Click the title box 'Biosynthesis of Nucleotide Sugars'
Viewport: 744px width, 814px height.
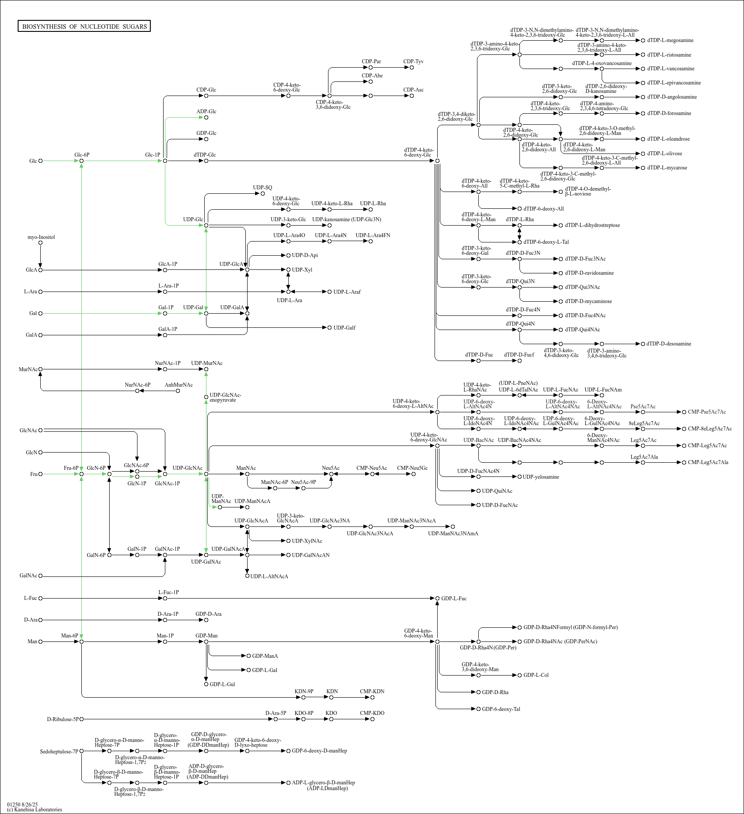coord(84,27)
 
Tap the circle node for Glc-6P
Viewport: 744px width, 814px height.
coord(82,161)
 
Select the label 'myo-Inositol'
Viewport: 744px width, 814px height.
coord(41,237)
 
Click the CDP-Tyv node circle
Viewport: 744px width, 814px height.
coord(412,68)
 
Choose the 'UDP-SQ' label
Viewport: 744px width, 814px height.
coord(263,188)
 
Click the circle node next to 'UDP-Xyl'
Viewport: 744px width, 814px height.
coord(288,269)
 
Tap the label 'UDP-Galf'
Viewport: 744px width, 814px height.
coord(344,328)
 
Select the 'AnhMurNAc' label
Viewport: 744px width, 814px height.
coord(179,385)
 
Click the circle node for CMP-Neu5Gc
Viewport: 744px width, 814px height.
coord(413,474)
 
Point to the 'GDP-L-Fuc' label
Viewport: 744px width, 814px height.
coord(454,599)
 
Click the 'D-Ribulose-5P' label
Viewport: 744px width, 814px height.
coord(63,719)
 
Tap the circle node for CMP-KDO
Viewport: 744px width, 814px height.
coord(372,719)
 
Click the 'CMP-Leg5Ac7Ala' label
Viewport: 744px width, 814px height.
coord(708,462)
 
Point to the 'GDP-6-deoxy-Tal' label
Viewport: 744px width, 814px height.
coord(501,709)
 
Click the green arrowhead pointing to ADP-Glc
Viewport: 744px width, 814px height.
coord(201,118)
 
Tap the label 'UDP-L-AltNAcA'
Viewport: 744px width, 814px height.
coord(269,576)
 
